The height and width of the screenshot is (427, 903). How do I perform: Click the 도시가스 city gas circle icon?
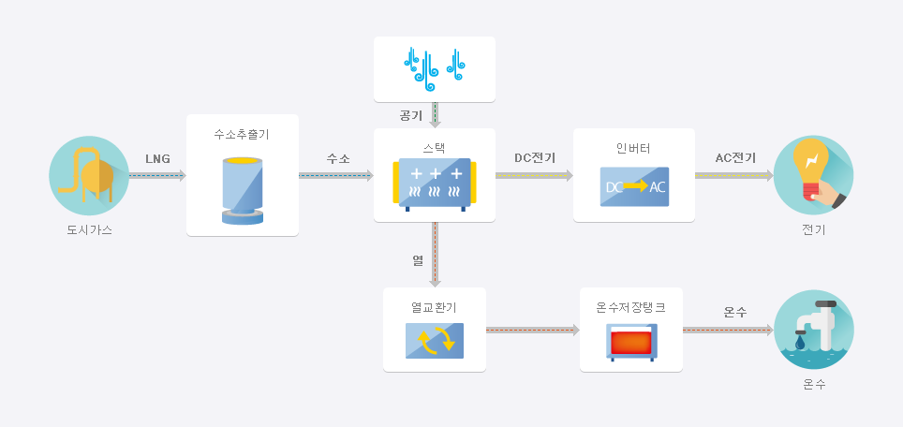point(89,175)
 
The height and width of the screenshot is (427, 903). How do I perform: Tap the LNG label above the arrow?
point(157,158)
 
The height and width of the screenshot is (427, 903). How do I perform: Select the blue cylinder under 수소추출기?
point(243,191)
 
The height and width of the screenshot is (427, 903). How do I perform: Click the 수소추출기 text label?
point(242,135)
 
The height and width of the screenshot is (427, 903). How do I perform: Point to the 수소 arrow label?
point(338,158)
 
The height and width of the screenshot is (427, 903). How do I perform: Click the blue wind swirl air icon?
point(435,69)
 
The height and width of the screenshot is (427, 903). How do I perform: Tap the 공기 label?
point(410,116)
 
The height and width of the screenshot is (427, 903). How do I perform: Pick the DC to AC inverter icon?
point(634,186)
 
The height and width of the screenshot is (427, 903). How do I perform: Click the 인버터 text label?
point(633,149)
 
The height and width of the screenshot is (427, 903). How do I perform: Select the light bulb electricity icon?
point(813,175)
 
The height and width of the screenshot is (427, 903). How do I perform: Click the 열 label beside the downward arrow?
point(418,259)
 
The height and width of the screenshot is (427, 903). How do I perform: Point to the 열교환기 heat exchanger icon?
point(435,340)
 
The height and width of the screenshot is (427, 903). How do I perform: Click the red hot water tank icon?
point(630,343)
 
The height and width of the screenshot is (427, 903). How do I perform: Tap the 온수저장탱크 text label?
point(630,307)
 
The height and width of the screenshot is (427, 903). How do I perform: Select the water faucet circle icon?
point(813,330)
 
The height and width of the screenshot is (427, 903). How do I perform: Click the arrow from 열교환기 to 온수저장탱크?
point(532,330)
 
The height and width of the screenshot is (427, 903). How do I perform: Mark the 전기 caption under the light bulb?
point(813,229)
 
